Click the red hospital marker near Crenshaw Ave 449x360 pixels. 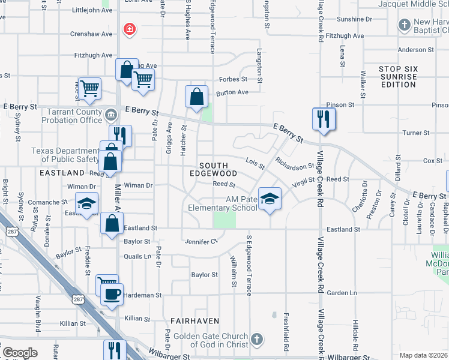pyautogui.click(x=128, y=29)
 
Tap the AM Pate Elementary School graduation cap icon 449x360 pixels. pyautogui.click(x=270, y=199)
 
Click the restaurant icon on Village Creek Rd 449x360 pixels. pyautogui.click(x=323, y=118)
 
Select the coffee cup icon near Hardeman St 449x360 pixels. pyautogui.click(x=112, y=295)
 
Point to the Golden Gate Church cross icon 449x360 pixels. pyautogui.click(x=256, y=339)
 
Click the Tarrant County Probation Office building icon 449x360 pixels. pyautogui.click(x=111, y=114)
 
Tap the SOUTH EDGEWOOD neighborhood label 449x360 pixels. pyautogui.click(x=213, y=169)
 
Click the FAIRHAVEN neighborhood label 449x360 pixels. pyautogui.click(x=194, y=321)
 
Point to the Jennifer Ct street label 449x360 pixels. pyautogui.click(x=200, y=241)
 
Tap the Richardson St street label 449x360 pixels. pyautogui.click(x=295, y=163)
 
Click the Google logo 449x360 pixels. pyautogui.click(x=20, y=353)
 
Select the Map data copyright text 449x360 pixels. pyautogui.click(x=423, y=355)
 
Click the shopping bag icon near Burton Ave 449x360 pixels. pyautogui.click(x=196, y=97)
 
